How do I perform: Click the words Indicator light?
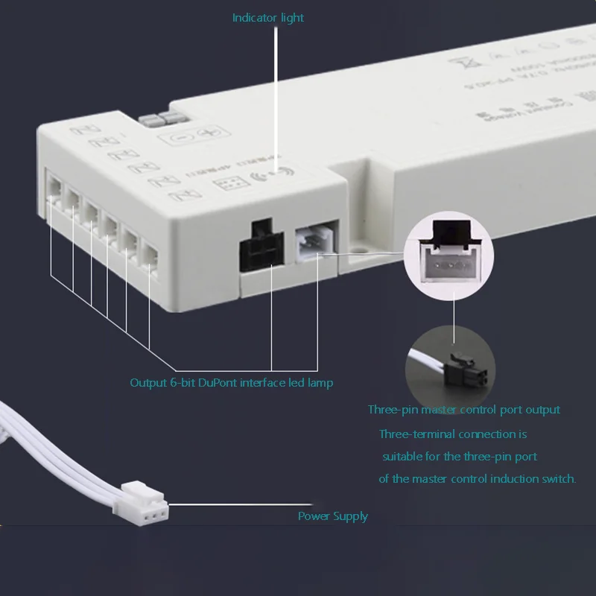tap(268, 17)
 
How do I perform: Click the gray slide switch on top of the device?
tap(157, 119)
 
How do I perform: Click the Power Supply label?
tap(333, 516)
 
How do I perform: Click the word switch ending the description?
tap(559, 479)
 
